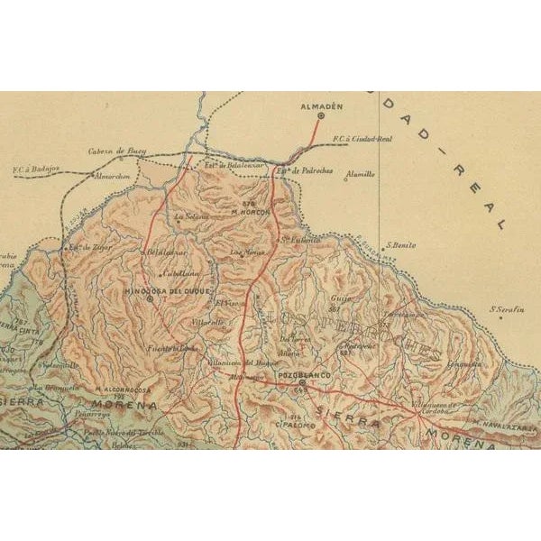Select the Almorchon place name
pyautogui.click(x=113, y=177)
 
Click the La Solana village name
pyautogui.click(x=191, y=216)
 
